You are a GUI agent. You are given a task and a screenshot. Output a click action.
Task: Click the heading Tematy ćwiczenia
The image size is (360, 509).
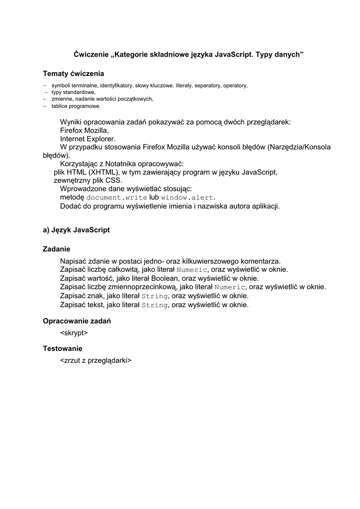coord(74,74)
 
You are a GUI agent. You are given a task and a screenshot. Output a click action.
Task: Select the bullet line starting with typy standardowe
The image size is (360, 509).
coord(73,92)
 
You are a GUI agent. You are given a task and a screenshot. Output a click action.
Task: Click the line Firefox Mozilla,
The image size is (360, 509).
coord(84,130)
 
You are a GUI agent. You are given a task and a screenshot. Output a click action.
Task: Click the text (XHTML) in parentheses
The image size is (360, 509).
coord(103,172)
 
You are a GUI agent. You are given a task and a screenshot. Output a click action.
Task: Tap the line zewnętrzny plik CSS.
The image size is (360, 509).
coord(88,181)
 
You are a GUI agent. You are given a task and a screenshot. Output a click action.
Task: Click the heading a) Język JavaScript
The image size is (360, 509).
coord(76,230)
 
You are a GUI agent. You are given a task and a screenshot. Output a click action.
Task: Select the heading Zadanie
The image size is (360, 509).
coord(56,249)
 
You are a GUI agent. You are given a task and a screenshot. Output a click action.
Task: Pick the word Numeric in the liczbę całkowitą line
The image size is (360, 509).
coord(191,270)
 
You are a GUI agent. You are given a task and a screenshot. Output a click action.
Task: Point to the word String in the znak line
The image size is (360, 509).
coord(155,296)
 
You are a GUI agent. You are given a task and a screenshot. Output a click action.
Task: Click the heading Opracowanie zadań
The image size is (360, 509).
coord(77,321)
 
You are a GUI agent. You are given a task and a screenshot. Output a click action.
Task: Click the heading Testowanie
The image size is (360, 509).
coord(62,349)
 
